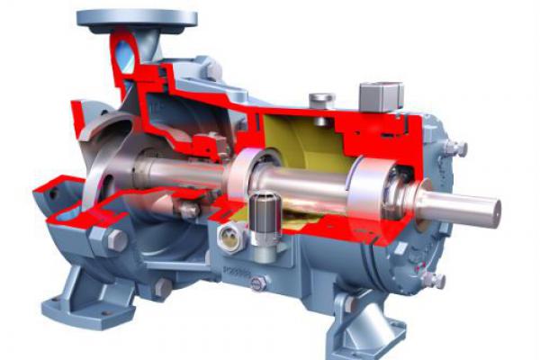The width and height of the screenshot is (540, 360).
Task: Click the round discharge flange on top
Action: click(x=136, y=17)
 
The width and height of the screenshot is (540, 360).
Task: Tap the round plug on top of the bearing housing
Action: click(x=320, y=98)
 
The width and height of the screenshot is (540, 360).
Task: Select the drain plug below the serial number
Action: click(x=257, y=283)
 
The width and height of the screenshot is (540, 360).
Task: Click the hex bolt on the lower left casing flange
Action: click(x=116, y=239)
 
